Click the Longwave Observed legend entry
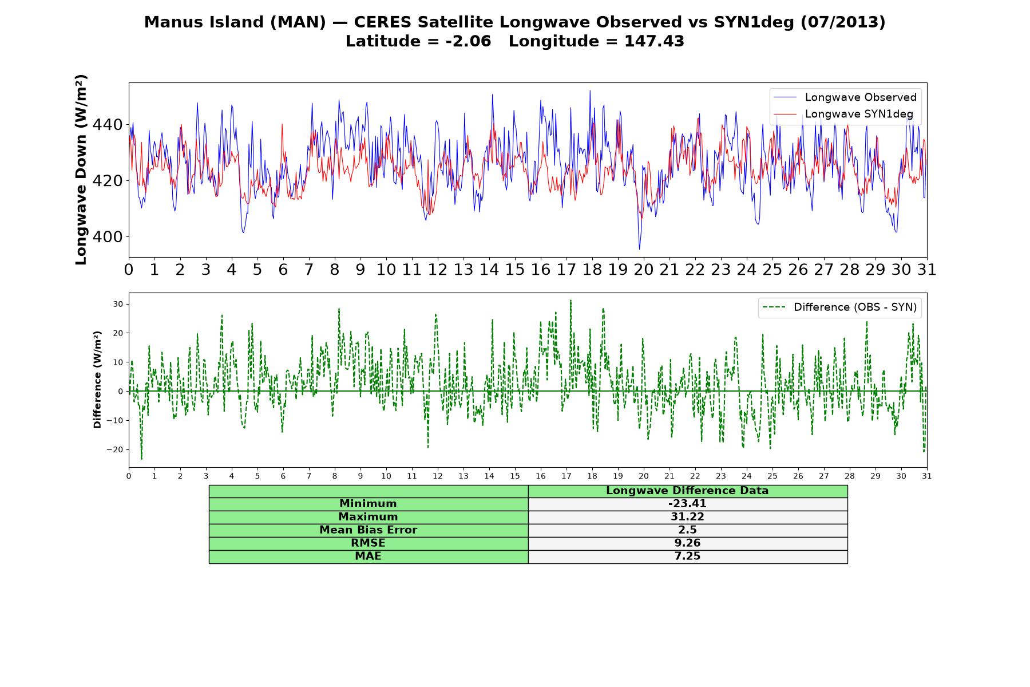pyautogui.click(x=845, y=97)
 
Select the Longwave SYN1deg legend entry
pyautogui.click(x=843, y=114)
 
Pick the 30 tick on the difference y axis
pyautogui.click(x=118, y=304)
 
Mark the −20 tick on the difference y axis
pyautogui.click(x=115, y=450)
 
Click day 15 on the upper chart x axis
pyautogui.click(x=515, y=270)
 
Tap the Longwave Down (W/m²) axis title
pyautogui.click(x=81, y=169)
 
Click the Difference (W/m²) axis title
pyautogui.click(x=97, y=380)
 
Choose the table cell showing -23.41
pyautogui.click(x=687, y=504)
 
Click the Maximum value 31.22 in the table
pyautogui.click(x=687, y=517)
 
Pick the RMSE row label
pyautogui.click(x=368, y=543)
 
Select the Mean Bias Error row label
pyautogui.click(x=368, y=530)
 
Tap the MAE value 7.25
pyautogui.click(x=687, y=556)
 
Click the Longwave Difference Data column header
pyautogui.click(x=687, y=491)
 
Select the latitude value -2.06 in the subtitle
pyautogui.click(x=468, y=41)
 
